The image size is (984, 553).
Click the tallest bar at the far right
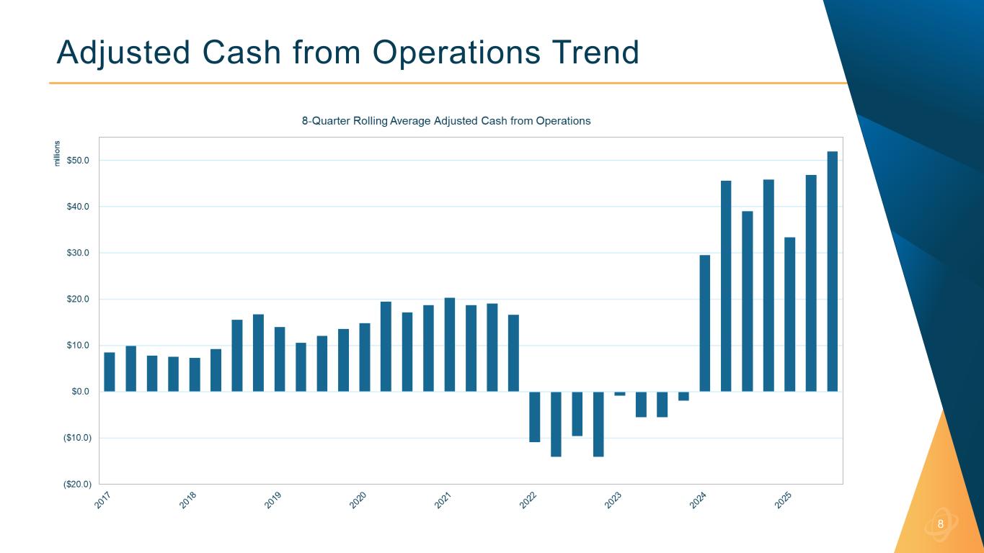[832, 271]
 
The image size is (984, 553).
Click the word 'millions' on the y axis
[58, 153]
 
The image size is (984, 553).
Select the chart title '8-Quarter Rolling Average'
[446, 121]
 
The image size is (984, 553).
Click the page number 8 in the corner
[940, 523]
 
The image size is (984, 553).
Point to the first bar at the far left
[110, 372]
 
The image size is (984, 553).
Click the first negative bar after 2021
[534, 416]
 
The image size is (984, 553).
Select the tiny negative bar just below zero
[620, 393]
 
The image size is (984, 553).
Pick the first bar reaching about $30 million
[704, 323]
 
